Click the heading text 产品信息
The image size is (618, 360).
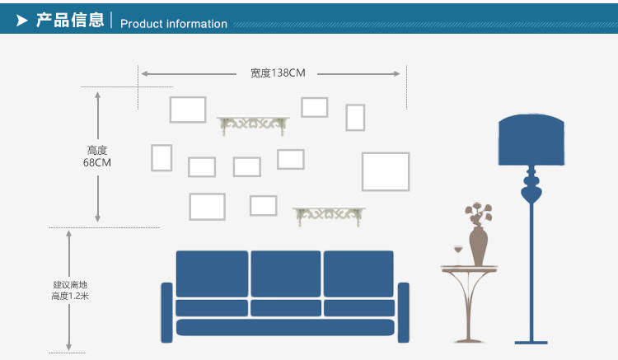[70, 20]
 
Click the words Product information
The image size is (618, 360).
[174, 24]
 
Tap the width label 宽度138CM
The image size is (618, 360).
[278, 73]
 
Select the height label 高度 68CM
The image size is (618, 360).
[97, 157]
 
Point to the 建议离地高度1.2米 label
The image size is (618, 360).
[69, 290]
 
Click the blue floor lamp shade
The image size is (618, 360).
[531, 141]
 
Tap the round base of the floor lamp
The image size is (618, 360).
[531, 341]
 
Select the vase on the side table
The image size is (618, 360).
[478, 245]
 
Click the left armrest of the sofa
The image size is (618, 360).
[166, 312]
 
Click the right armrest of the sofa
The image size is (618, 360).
[404, 312]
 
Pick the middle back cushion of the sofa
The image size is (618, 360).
[285, 274]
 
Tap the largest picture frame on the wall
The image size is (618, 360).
[386, 171]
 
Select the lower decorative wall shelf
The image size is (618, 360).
[330, 214]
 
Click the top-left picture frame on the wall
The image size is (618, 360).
[188, 110]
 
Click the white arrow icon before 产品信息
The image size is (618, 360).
[23, 20]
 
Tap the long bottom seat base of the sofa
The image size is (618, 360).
[285, 328]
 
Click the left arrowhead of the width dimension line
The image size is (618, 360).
[144, 74]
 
